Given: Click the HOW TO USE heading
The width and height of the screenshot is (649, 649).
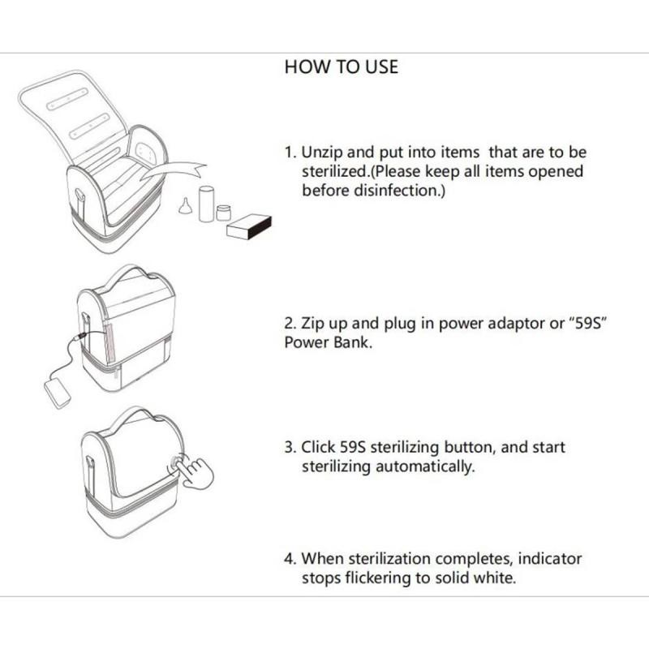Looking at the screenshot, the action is [x=341, y=67].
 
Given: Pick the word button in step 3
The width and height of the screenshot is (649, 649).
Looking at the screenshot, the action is [x=465, y=447].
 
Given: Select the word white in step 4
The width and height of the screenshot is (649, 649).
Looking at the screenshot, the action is [x=493, y=578].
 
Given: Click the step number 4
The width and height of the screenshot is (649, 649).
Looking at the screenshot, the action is [x=290, y=559].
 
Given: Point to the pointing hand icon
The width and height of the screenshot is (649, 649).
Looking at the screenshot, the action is [x=195, y=471].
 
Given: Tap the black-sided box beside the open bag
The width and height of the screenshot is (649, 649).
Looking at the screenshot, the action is [x=248, y=228].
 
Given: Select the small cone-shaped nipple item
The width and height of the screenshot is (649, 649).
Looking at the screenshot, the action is [x=186, y=208].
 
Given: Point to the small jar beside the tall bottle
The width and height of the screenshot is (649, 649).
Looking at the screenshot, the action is [x=224, y=213].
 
